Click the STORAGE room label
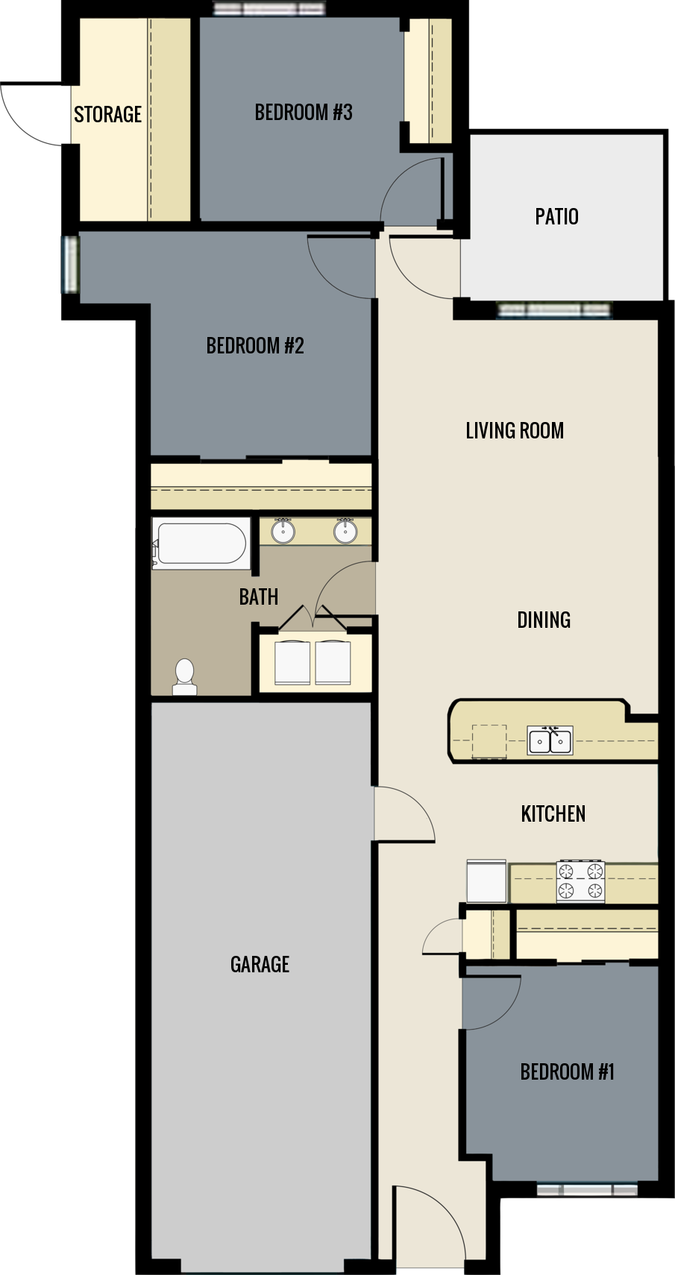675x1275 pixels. pyautogui.click(x=107, y=114)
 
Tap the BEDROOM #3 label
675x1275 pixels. pyautogui.click(x=303, y=113)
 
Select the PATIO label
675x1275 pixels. pyautogui.click(x=556, y=217)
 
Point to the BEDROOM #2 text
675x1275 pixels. pyautogui.click(x=255, y=346)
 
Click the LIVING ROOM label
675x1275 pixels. pyautogui.click(x=515, y=431)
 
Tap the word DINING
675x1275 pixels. pyautogui.click(x=544, y=620)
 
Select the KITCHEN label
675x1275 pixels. pyautogui.click(x=553, y=813)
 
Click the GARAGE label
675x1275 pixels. pyautogui.click(x=260, y=964)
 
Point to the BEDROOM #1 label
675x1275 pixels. pyautogui.click(x=567, y=1072)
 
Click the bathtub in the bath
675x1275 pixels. pyautogui.click(x=200, y=544)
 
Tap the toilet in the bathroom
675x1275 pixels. pyautogui.click(x=184, y=676)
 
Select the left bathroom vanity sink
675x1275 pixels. pyautogui.click(x=283, y=531)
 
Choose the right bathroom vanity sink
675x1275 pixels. pyautogui.click(x=345, y=531)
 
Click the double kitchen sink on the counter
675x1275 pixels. pyautogui.click(x=550, y=741)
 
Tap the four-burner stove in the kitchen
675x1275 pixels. pyautogui.click(x=580, y=881)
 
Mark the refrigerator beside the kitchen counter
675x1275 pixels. pyautogui.click(x=486, y=881)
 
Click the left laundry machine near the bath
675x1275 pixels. pyautogui.click(x=292, y=662)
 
